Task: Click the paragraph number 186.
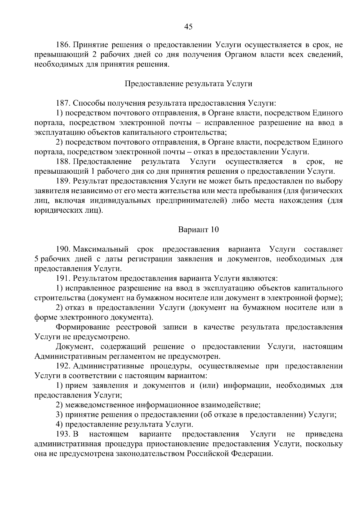(63, 45)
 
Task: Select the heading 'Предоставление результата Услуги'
(188, 84)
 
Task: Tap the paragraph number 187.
(63, 103)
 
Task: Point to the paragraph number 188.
(63, 162)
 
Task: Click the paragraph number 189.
(63, 181)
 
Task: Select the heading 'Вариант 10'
(198, 230)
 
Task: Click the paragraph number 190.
(63, 249)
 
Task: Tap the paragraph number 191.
(63, 279)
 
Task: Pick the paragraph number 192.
(63, 366)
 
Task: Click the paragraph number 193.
(63, 434)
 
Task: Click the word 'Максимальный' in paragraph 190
(101, 249)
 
